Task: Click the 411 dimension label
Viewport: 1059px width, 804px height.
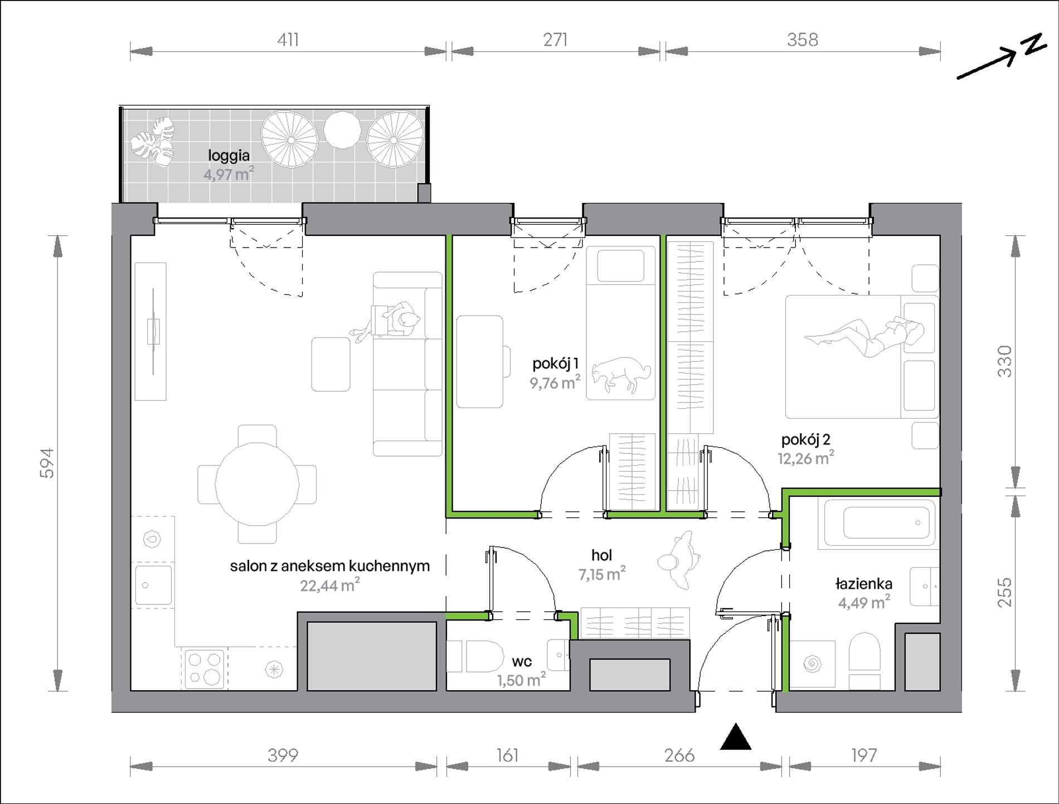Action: pos(288,40)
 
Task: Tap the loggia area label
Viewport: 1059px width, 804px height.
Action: pos(229,156)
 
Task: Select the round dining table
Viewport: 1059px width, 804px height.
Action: pos(257,484)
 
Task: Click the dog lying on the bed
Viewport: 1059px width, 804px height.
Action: pos(621,375)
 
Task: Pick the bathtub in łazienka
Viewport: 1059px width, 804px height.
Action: pos(877,522)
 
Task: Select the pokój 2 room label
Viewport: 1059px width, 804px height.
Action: pos(805,440)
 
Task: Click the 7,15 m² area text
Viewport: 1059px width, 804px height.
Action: pos(602,574)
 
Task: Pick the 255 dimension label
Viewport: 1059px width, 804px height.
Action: pos(1004,592)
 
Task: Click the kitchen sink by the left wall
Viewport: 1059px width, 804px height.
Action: pos(153,585)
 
